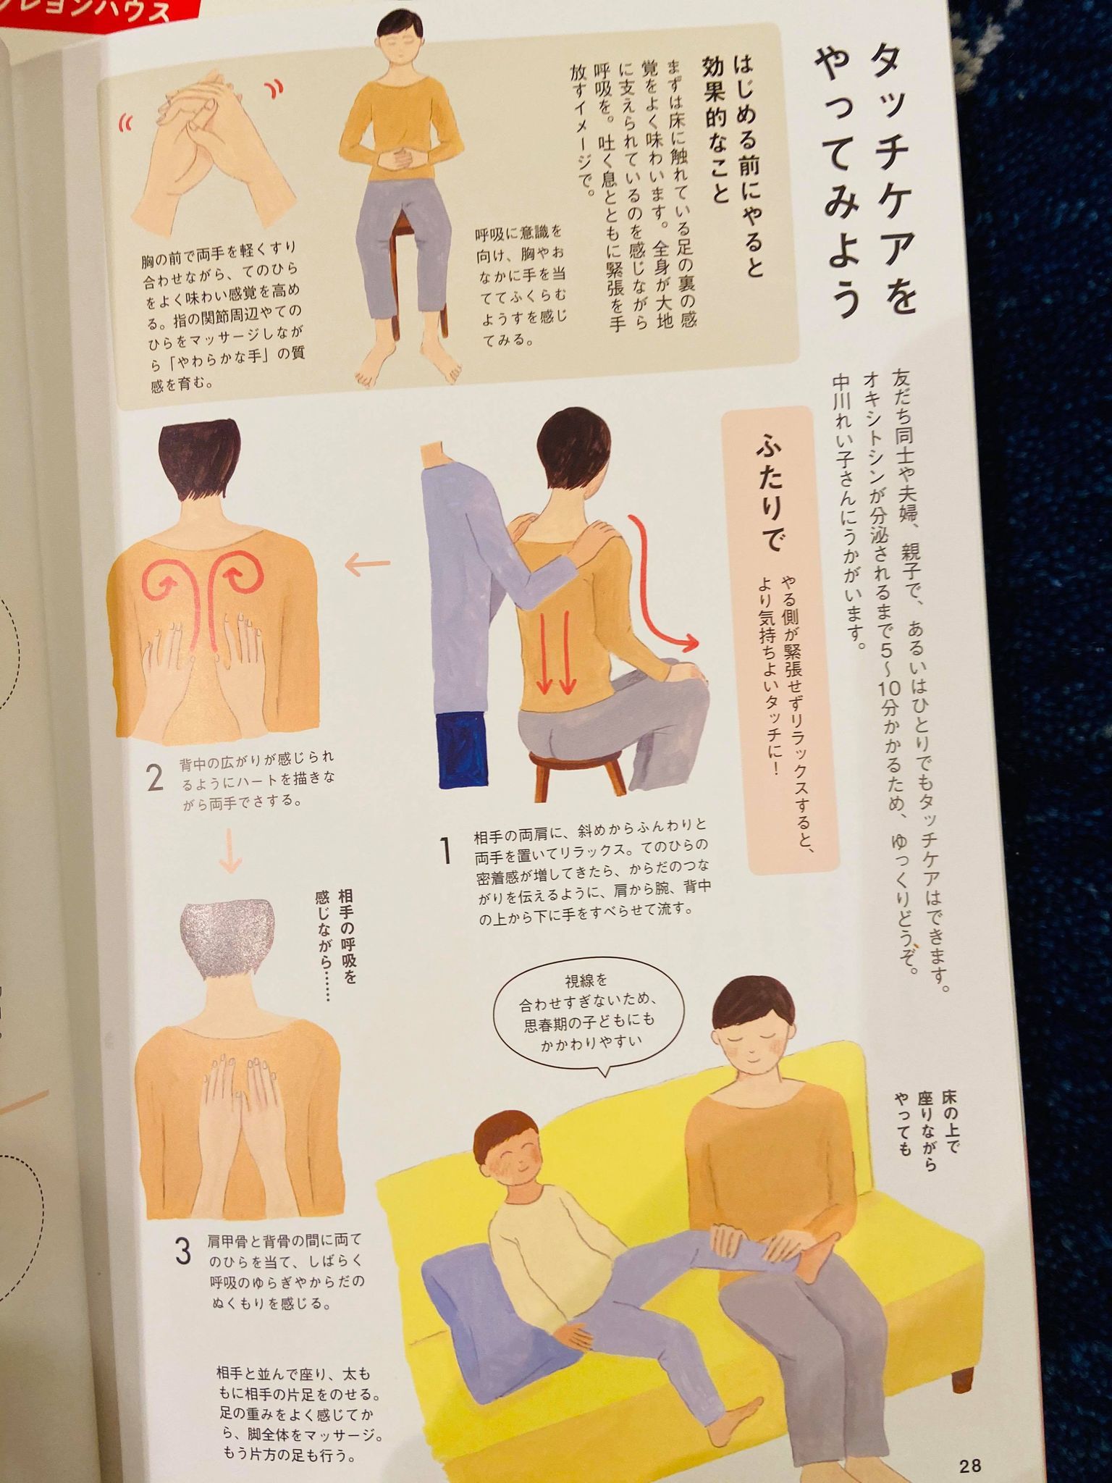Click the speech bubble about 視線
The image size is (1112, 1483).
click(x=586, y=1012)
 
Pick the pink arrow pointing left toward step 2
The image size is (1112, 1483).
click(x=367, y=564)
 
